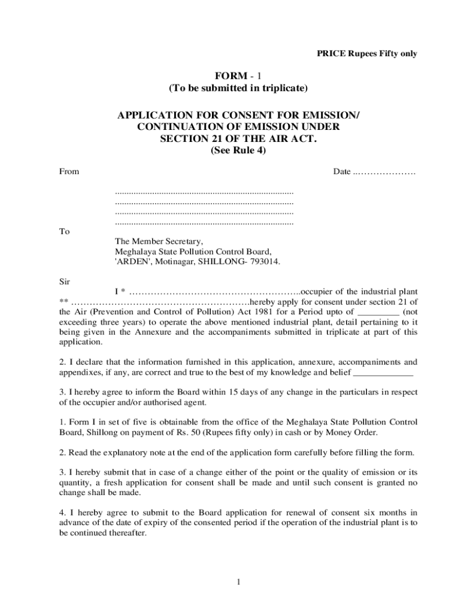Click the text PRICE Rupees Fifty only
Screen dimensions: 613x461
[x=366, y=54]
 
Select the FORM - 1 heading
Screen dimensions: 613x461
[x=238, y=76]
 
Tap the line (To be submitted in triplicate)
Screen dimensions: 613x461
[x=238, y=89]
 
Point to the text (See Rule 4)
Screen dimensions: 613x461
[x=238, y=151]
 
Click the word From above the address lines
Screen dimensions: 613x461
[x=69, y=172]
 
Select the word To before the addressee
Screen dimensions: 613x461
[x=64, y=231]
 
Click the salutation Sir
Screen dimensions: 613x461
[x=65, y=281]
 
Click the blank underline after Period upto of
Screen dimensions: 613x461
[x=378, y=312]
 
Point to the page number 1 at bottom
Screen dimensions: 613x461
[x=238, y=581]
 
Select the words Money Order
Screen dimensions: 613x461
[x=352, y=432]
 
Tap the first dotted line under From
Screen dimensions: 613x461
[x=204, y=193]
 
